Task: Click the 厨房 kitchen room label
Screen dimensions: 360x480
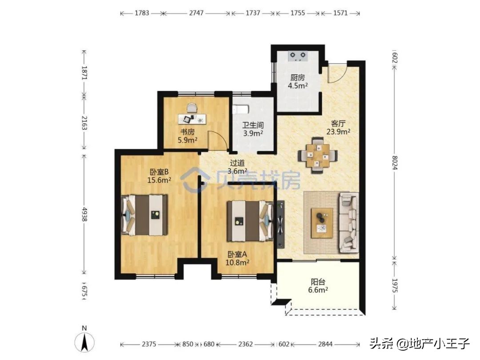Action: pos(298,77)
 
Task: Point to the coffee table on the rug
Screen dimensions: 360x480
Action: pos(322,223)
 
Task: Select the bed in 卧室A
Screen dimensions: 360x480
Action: pos(249,221)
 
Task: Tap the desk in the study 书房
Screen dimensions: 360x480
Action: pos(192,119)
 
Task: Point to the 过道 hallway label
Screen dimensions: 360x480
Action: pos(237,163)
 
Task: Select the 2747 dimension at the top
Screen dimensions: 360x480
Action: pos(196,13)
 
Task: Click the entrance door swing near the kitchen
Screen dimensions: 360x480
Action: pos(334,74)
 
